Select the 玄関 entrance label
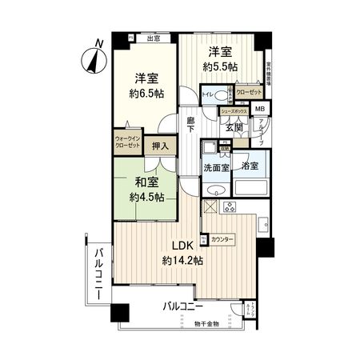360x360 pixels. tap(234, 126)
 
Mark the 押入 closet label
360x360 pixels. tap(161, 146)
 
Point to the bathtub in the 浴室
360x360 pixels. tap(251, 190)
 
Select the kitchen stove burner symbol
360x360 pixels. tap(226, 208)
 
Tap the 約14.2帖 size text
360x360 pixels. tap(183, 261)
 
